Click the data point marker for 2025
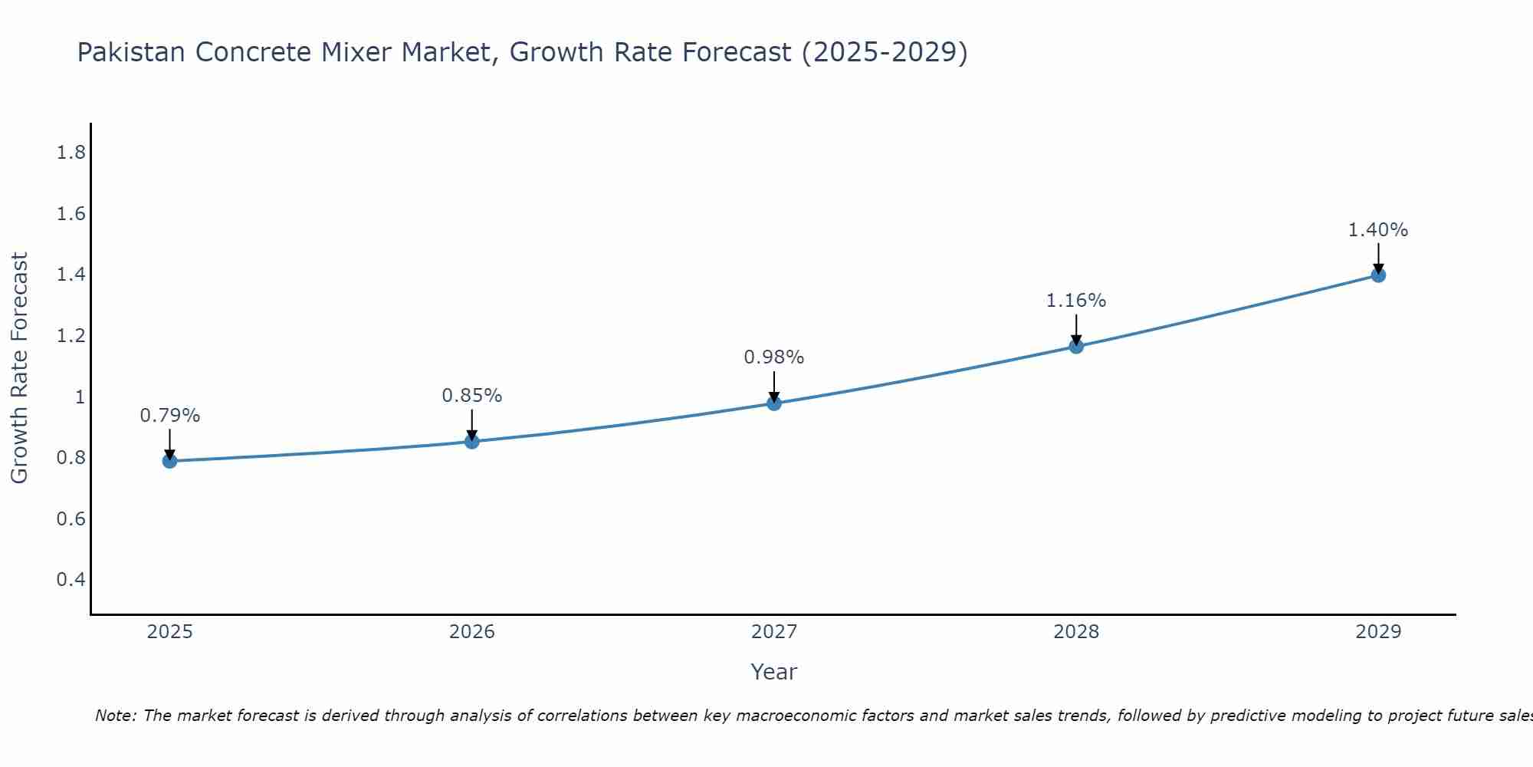[170, 461]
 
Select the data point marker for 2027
[774, 403]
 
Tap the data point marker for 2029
[1378, 275]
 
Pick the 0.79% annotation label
[170, 416]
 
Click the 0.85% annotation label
[472, 396]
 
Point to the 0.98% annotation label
[774, 357]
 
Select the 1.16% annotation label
[1076, 301]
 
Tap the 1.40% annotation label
[1378, 230]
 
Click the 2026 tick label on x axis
[472, 632]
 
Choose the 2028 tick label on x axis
[1076, 632]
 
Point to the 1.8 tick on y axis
[71, 153]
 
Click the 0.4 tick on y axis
[71, 579]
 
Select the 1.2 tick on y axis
[71, 335]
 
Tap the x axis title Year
[774, 672]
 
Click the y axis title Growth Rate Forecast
[19, 368]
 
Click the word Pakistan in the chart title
[131, 52]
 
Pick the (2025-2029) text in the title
[884, 52]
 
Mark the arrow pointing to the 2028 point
[1076, 330]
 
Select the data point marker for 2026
[472, 442]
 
